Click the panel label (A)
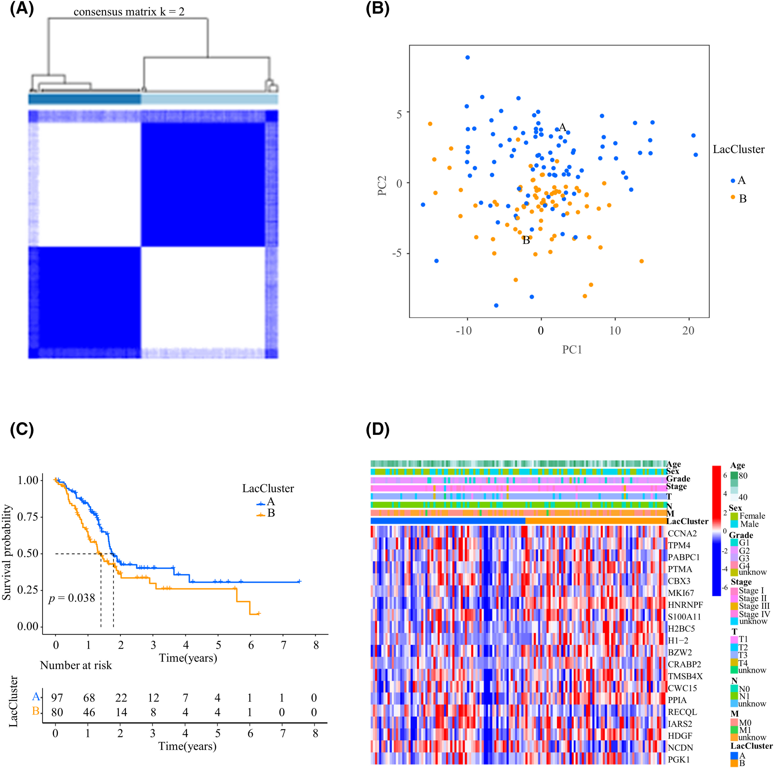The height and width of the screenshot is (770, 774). [22, 9]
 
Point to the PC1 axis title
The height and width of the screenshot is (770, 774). [572, 350]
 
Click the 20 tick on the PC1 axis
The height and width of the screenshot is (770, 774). [688, 331]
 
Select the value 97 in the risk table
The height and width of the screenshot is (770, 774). [57, 698]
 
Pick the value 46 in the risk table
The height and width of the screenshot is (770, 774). [89, 712]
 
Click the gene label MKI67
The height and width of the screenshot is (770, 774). [681, 593]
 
